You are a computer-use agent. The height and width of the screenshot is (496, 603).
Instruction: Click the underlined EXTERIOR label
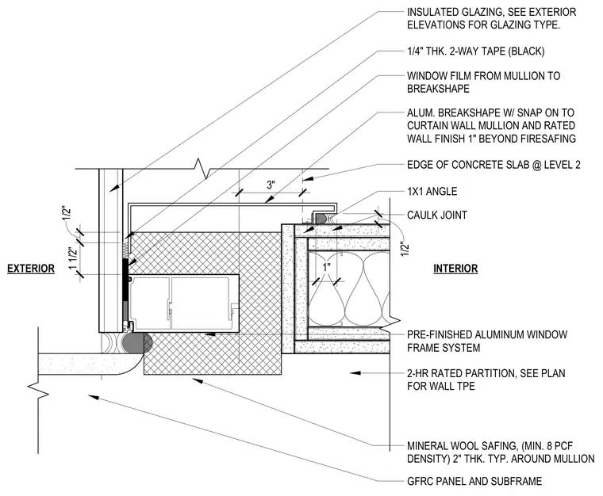pyautogui.click(x=31, y=269)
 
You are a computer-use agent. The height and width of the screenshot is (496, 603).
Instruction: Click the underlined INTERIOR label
pyautogui.click(x=455, y=269)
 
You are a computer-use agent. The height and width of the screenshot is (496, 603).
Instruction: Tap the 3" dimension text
pyautogui.click(x=271, y=185)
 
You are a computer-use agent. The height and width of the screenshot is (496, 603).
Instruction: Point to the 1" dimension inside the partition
pyautogui.click(x=327, y=267)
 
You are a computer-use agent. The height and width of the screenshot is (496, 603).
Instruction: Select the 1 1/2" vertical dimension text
pyautogui.click(x=73, y=258)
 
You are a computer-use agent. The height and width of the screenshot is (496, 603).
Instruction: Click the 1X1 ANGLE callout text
pyautogui.click(x=432, y=191)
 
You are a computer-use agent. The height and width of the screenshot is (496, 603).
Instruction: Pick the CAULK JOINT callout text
pyautogui.click(x=437, y=215)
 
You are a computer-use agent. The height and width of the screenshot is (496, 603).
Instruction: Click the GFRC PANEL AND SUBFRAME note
pyautogui.click(x=474, y=481)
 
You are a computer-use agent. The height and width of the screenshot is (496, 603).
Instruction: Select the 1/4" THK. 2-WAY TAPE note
pyautogui.click(x=476, y=51)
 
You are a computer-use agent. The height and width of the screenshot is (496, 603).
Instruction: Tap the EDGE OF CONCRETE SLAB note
pyautogui.click(x=494, y=165)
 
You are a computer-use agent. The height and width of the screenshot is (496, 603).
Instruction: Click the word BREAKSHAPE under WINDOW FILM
pyautogui.click(x=438, y=89)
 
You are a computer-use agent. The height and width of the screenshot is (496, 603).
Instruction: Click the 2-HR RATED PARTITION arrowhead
pyautogui.click(x=355, y=372)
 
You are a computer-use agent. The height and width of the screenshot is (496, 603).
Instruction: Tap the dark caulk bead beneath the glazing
pyautogui.click(x=133, y=343)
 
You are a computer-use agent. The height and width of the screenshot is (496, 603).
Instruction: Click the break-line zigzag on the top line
pyautogui.click(x=202, y=169)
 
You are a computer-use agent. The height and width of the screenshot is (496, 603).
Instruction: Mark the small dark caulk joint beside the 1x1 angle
pyautogui.click(x=321, y=219)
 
